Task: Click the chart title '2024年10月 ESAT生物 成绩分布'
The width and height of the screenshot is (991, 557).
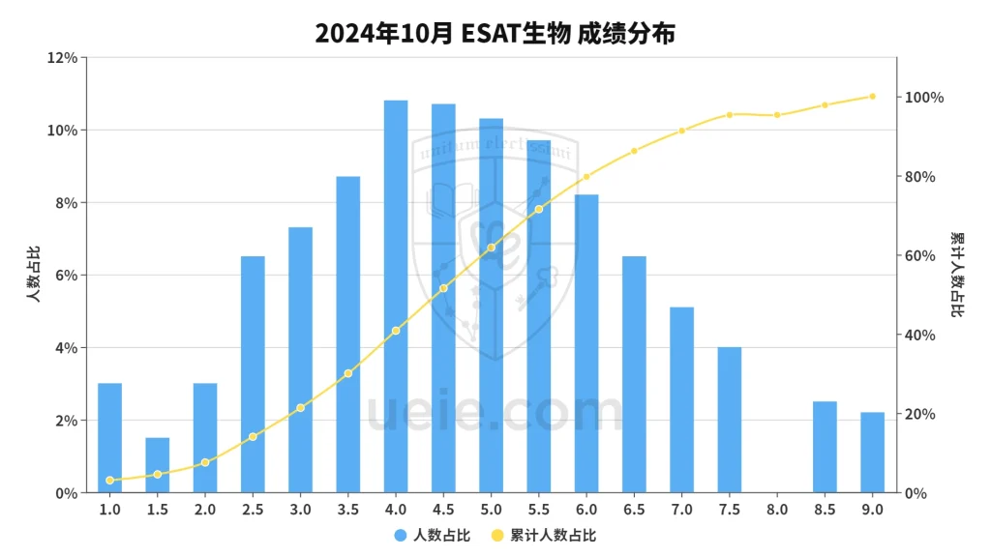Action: click(x=495, y=33)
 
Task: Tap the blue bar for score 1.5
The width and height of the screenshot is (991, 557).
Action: click(x=158, y=465)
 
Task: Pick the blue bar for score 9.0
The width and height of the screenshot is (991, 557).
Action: click(x=872, y=453)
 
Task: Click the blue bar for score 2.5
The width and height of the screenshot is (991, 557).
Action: click(x=253, y=374)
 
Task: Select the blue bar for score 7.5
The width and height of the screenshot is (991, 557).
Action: click(x=729, y=420)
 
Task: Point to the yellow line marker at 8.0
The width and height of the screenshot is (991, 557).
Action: click(x=777, y=115)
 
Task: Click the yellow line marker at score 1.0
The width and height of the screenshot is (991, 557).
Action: click(x=110, y=480)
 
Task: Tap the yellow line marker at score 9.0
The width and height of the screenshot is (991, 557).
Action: click(x=872, y=97)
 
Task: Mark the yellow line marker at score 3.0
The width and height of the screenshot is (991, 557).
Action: click(x=300, y=408)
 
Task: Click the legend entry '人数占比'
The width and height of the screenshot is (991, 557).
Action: click(x=432, y=535)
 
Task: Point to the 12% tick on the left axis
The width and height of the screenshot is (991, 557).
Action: click(x=63, y=58)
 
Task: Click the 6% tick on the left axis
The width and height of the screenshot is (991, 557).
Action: click(x=66, y=276)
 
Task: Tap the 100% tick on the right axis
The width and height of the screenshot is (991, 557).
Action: click(x=922, y=98)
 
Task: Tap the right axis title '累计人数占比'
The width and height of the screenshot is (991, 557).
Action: click(x=957, y=276)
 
